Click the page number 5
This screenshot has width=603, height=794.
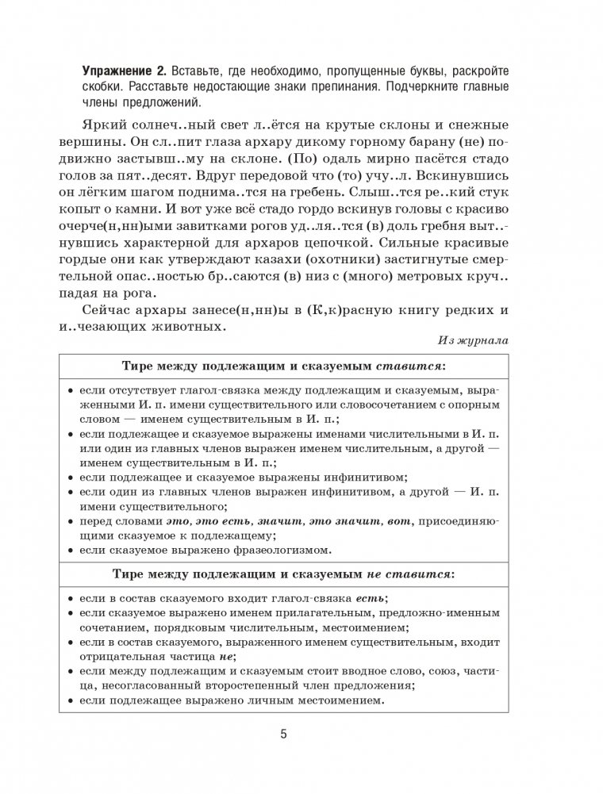tap(284, 734)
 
